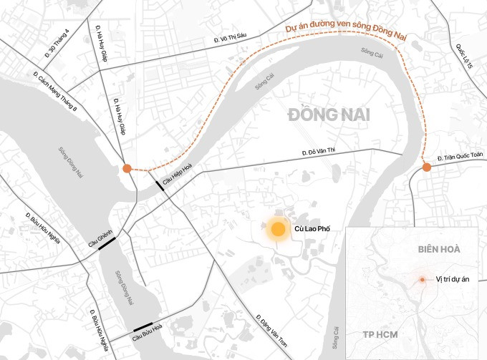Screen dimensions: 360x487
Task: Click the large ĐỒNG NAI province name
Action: click(323, 113)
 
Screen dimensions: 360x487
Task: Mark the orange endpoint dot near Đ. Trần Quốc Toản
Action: click(427, 167)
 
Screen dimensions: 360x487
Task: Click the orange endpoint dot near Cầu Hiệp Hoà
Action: click(127, 168)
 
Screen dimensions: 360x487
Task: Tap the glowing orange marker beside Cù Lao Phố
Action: click(276, 230)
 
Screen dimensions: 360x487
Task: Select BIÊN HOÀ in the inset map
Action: click(438, 248)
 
